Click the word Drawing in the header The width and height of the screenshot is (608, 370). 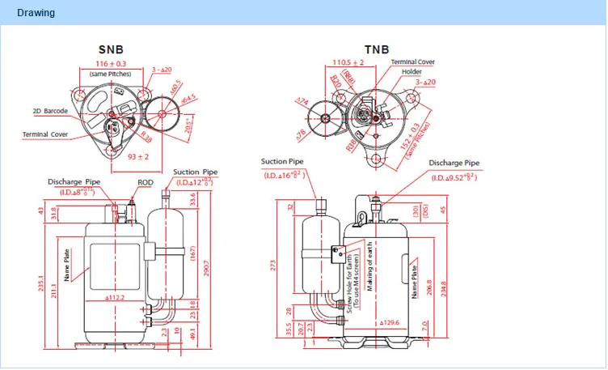coord(36,13)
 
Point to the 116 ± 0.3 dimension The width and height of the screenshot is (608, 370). coord(110,63)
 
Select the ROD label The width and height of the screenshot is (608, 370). coord(146,183)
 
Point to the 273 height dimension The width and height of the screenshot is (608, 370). coord(275,264)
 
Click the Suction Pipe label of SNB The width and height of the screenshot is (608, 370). coord(196,172)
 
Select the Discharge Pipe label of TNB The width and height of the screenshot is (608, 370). coord(454,163)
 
